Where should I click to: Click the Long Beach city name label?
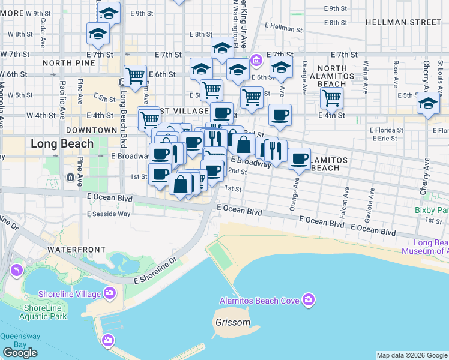(62, 143)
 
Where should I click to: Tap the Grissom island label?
(232, 322)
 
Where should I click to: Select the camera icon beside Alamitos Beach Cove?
(309, 299)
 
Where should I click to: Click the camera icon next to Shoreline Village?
(109, 293)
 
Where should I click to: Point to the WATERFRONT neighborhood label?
(76, 249)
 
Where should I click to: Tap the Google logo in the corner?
(20, 353)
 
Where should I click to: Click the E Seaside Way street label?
(109, 214)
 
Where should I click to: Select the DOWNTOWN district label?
(91, 130)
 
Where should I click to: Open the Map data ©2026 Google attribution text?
(411, 355)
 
